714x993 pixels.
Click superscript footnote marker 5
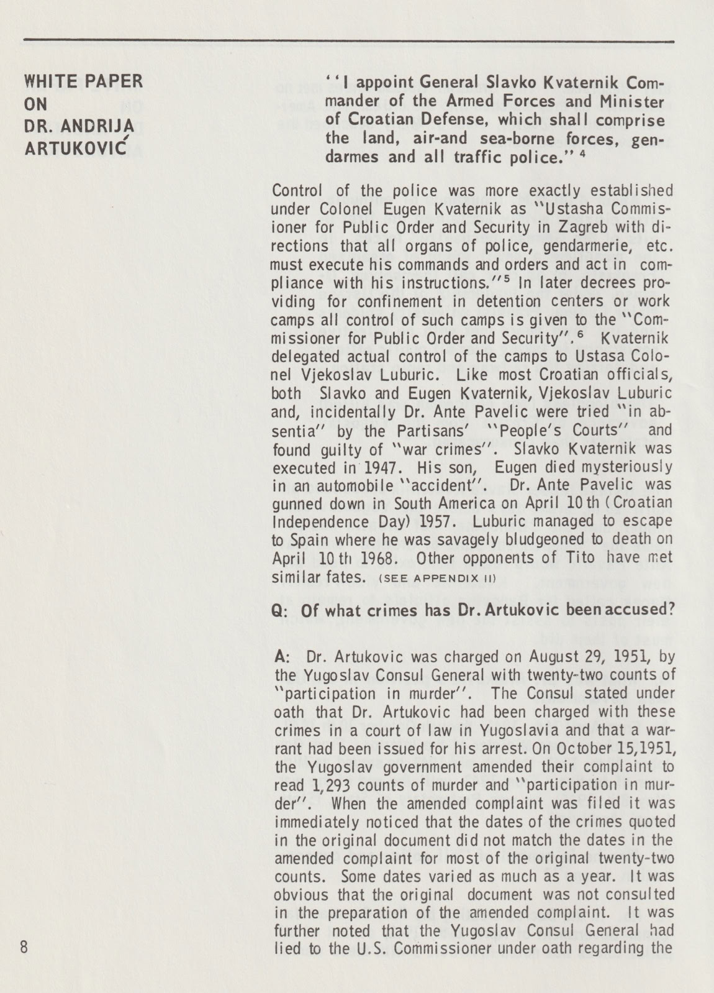(x=506, y=280)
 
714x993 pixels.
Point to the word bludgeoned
(x=522, y=539)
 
